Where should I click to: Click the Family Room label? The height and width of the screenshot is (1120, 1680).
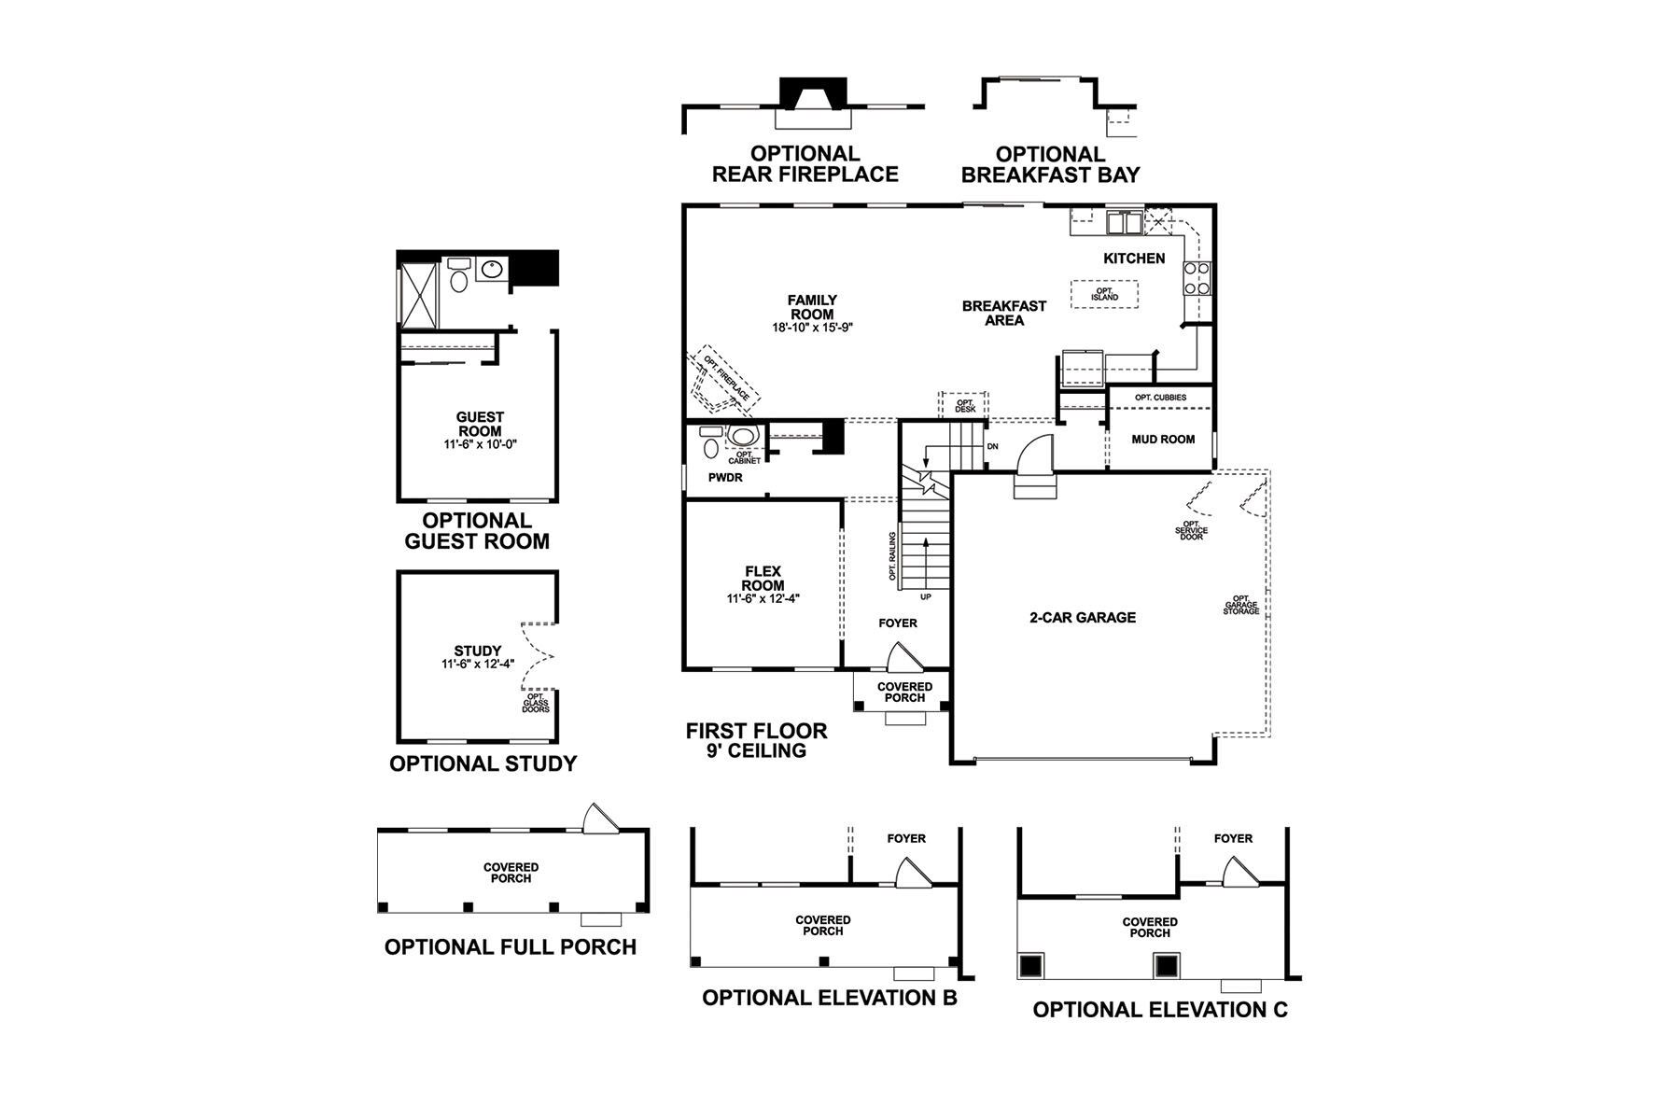812,307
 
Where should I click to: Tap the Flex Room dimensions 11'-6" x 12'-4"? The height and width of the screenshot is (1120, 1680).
763,599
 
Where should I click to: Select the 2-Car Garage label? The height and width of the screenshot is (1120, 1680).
1083,617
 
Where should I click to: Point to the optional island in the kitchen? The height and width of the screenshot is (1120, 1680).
1105,293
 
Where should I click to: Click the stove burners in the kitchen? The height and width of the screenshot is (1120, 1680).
1197,278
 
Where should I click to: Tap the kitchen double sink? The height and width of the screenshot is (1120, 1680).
1124,223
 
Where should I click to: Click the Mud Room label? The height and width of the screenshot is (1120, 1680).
1163,439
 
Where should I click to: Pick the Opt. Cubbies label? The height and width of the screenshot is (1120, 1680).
1161,398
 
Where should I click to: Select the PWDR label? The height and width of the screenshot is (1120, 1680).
725,477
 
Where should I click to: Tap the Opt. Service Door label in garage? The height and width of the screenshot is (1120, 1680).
1192,530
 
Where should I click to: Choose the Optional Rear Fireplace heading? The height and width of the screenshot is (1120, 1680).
805,164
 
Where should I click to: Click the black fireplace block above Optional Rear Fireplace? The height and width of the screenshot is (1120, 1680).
813,94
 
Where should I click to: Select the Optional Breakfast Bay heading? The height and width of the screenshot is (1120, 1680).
1050,165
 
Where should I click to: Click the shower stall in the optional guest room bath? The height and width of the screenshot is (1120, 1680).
417,295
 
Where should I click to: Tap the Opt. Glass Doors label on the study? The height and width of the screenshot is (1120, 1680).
536,702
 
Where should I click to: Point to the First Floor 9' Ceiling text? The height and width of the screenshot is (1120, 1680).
756,740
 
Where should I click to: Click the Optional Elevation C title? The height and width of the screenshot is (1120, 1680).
1160,1009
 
